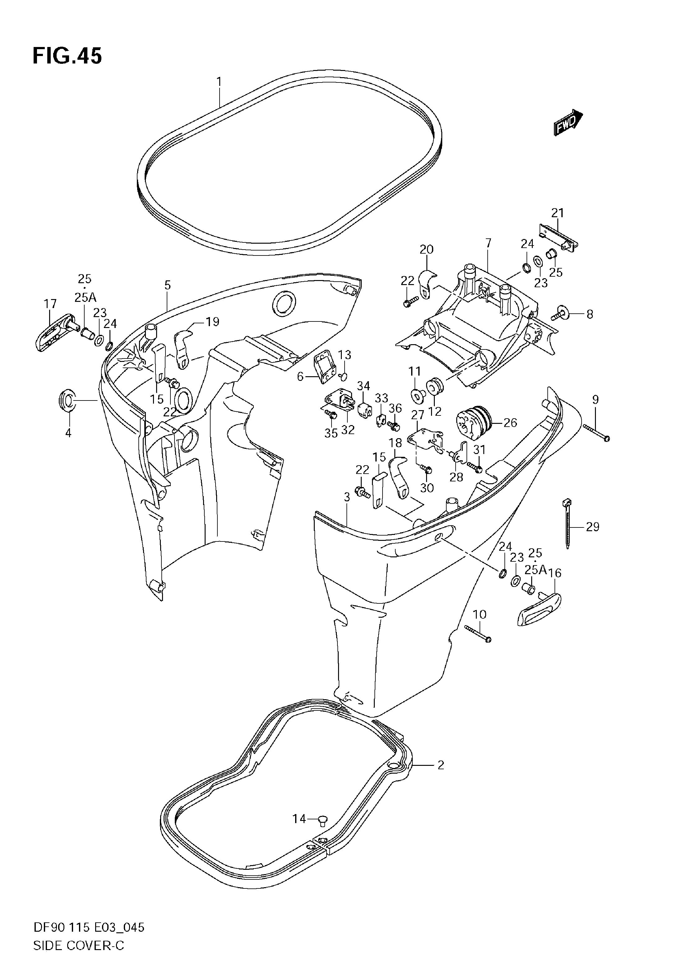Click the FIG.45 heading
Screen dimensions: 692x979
(x=67, y=56)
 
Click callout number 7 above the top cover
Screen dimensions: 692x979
(x=488, y=243)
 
